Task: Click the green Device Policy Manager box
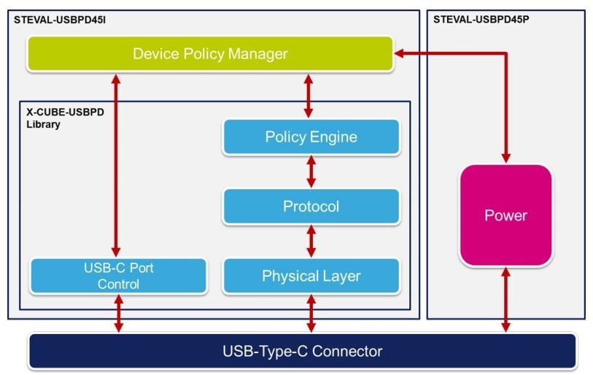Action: (210, 54)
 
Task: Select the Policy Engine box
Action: (311, 137)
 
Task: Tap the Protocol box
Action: (311, 206)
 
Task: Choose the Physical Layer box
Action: (311, 277)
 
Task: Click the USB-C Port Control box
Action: (118, 276)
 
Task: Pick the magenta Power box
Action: (505, 215)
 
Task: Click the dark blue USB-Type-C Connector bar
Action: (302, 352)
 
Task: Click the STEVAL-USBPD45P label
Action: (481, 18)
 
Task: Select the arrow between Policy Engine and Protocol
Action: (311, 171)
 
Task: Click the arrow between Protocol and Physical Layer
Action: (311, 241)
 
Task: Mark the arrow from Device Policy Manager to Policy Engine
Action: (309, 94)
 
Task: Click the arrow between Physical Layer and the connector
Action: (311, 314)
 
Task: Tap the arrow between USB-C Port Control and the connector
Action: (117, 314)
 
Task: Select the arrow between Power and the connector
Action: (505, 299)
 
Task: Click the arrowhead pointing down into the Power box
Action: (505, 157)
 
